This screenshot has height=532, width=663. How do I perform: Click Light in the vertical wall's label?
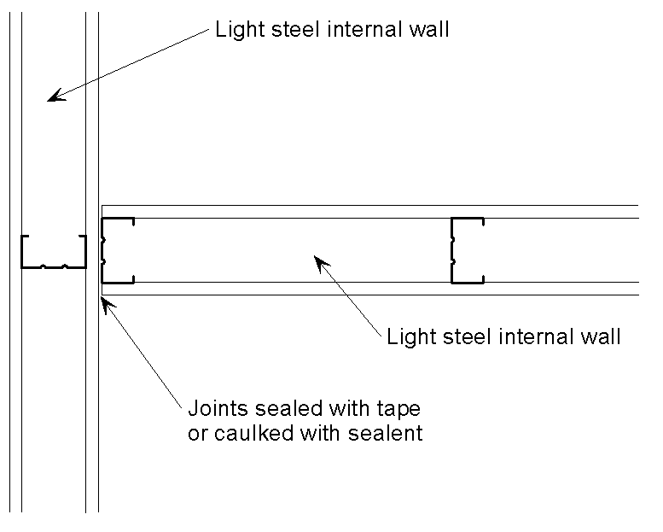[236, 31]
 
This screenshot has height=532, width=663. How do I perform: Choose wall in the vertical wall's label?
[429, 31]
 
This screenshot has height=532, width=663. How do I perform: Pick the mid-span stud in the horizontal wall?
[466, 250]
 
